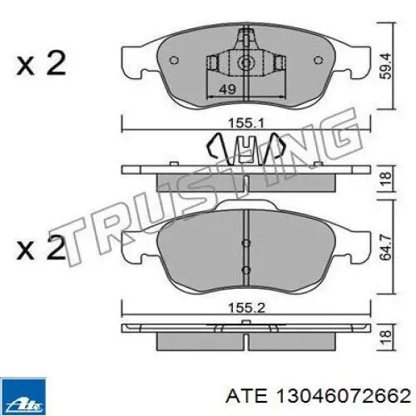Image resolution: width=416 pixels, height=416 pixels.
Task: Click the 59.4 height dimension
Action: click(x=386, y=66)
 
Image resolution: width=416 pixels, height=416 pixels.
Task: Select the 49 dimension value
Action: click(x=227, y=89)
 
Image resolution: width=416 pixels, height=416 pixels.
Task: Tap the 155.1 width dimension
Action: click(x=245, y=123)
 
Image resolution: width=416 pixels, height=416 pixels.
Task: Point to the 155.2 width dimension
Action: click(x=246, y=308)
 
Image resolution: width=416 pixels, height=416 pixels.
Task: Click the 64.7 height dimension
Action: click(x=386, y=247)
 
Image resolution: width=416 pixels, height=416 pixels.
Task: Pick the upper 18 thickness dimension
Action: click(x=386, y=178)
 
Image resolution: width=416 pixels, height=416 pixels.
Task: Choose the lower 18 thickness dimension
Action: click(x=386, y=337)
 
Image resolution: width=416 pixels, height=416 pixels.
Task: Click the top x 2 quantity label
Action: click(x=41, y=63)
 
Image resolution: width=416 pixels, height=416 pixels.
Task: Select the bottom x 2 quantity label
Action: click(x=41, y=249)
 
